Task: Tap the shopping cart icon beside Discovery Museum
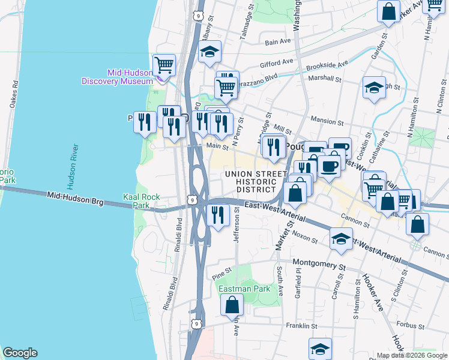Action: [163, 64]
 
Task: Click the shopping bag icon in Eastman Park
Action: [232, 304]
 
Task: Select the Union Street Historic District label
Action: [252, 182]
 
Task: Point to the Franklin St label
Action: [301, 326]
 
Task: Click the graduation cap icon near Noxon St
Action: [341, 239]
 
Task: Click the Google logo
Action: [20, 353]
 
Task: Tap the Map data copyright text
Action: [412, 355]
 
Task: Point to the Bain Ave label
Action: [278, 42]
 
